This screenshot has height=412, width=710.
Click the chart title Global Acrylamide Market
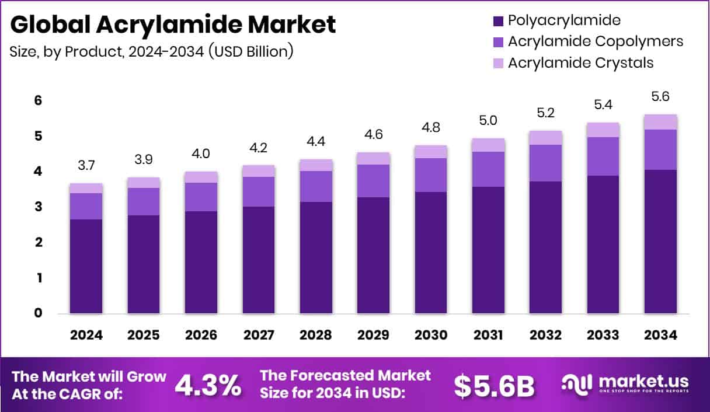173,25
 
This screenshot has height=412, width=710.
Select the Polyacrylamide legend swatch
498,22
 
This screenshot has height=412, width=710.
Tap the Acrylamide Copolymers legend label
595,41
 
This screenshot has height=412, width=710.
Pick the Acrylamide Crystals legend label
580,62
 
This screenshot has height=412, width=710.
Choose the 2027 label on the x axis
259,336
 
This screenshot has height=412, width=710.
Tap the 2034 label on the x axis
660,336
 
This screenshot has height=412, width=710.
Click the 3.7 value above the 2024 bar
86,166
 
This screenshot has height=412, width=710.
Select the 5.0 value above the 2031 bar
488,121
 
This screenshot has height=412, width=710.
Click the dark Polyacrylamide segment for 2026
201,263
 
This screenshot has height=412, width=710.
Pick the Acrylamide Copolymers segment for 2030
430,175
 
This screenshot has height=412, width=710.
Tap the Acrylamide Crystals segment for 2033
603,130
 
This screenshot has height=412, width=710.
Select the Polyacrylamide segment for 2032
545,247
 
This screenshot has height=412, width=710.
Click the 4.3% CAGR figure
207,385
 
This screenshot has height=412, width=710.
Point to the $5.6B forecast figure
494,385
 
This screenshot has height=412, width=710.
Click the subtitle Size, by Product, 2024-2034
151,51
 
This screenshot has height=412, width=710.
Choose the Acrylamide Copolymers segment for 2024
86,206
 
